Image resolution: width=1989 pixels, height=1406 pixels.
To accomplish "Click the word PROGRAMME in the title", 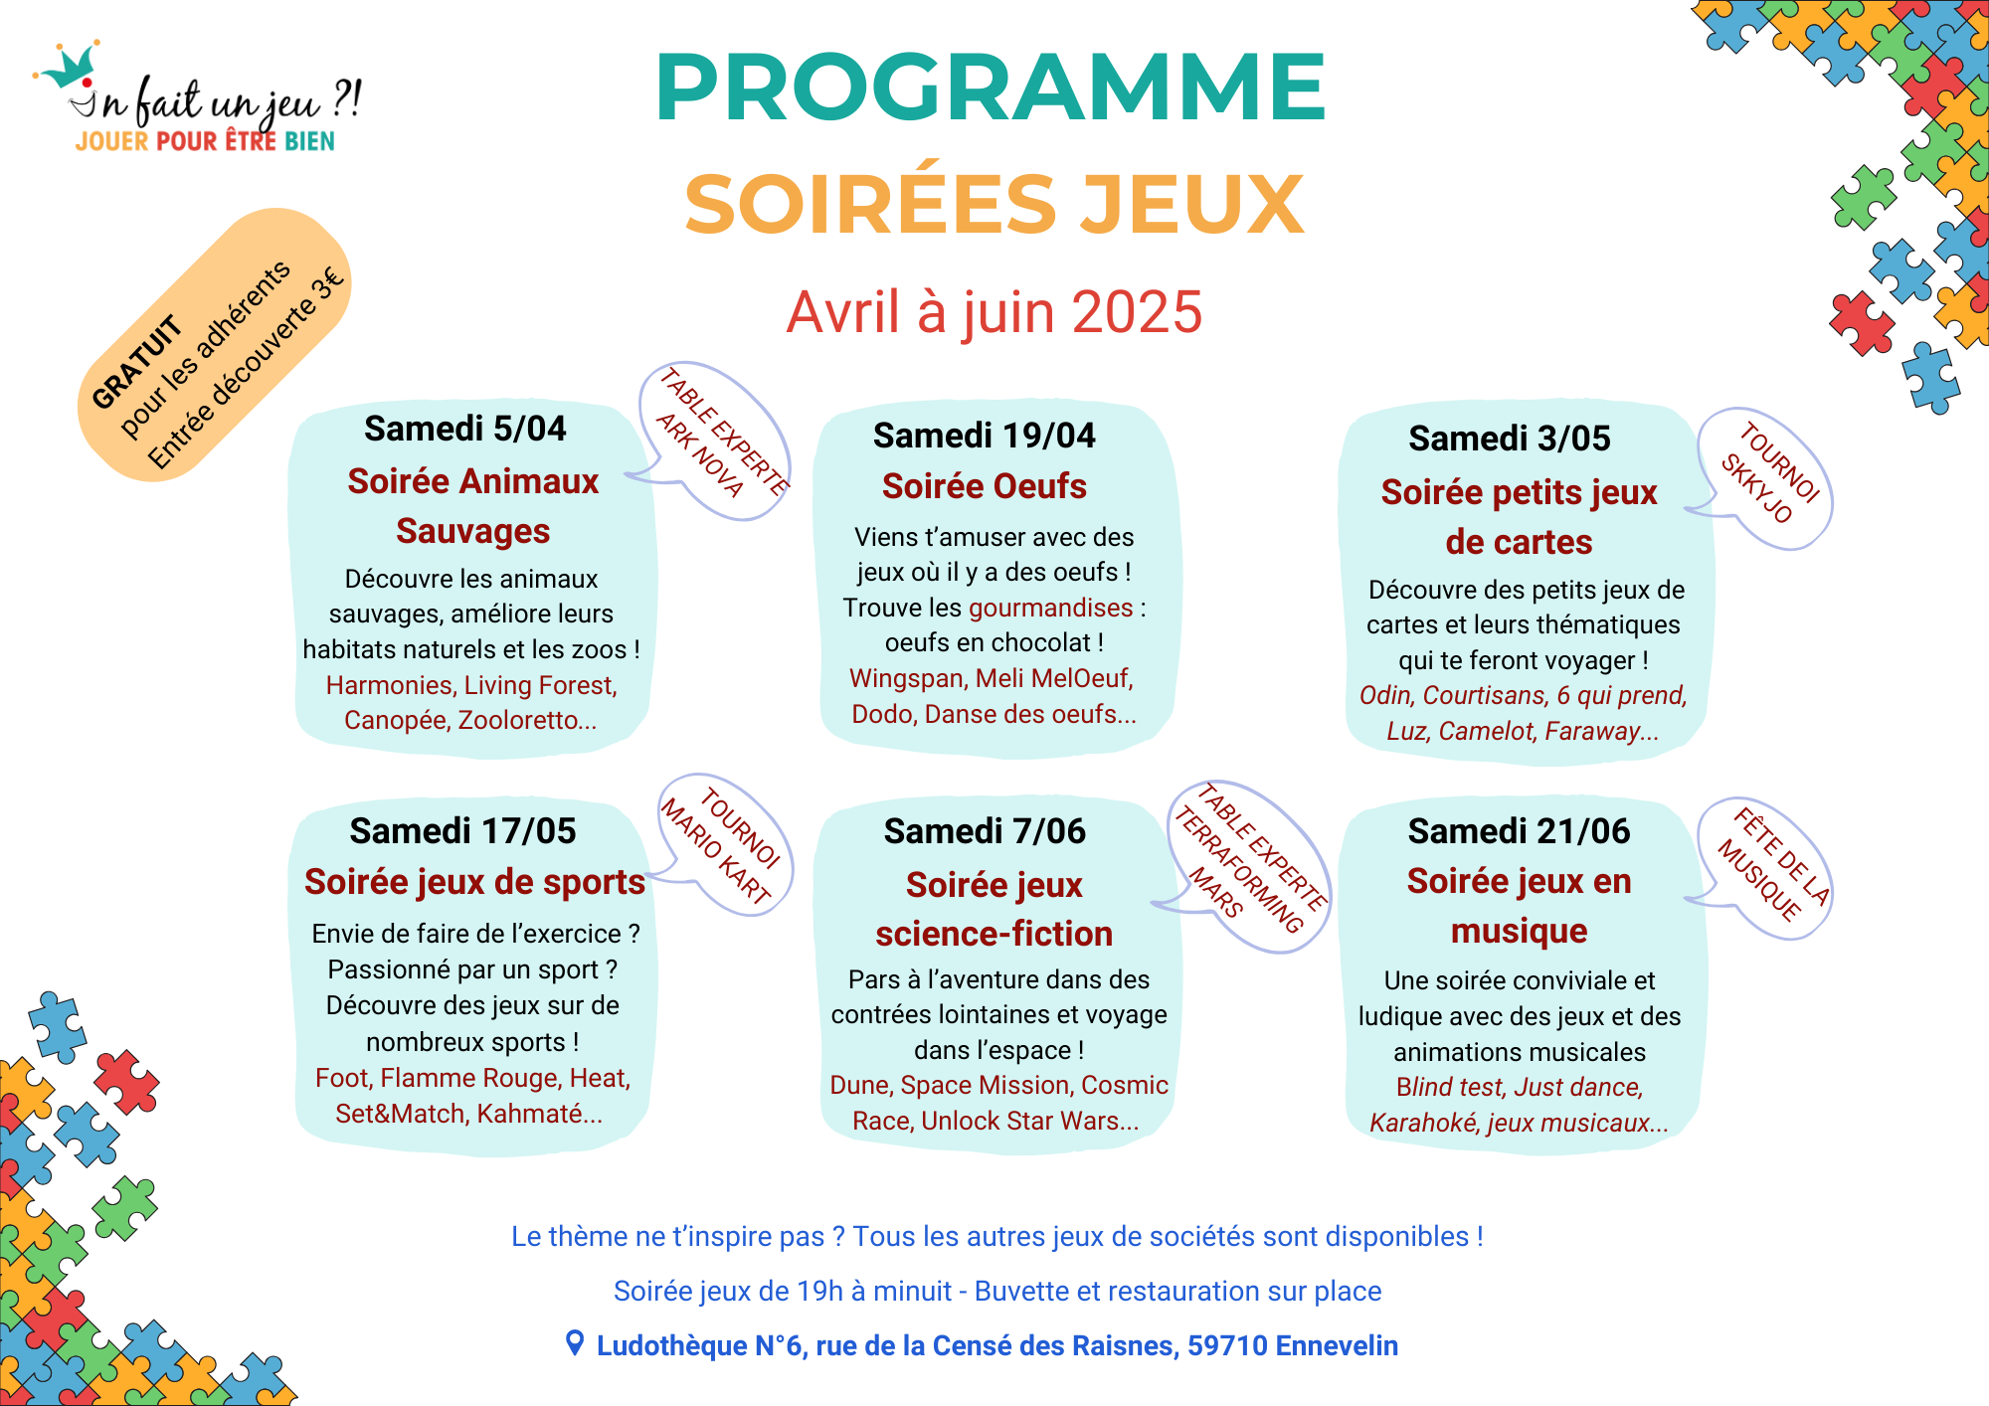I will coord(991,88).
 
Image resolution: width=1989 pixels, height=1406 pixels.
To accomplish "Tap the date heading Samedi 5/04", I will coord(464,429).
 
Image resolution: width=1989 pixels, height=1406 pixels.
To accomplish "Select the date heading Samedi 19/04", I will coord(984,436).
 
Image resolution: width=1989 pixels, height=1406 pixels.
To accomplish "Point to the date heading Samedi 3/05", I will coord(1509,439).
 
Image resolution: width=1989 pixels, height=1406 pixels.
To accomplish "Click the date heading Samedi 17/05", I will coord(462,831).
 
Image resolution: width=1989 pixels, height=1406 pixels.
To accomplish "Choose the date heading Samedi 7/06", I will coord(985,831).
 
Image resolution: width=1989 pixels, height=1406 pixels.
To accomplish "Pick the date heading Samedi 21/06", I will coord(1519,831).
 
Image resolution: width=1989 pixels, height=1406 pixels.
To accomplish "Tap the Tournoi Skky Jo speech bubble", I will coord(1768,475).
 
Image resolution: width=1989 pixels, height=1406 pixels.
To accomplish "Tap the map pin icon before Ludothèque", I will coord(574,1343).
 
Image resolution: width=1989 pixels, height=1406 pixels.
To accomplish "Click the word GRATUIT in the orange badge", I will coord(136,362).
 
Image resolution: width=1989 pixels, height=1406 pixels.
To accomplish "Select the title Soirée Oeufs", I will coord(984,486).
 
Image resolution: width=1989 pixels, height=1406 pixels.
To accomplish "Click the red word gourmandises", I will coord(1050,608).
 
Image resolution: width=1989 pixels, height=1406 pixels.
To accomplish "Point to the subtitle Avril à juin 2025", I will coord(994,312).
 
